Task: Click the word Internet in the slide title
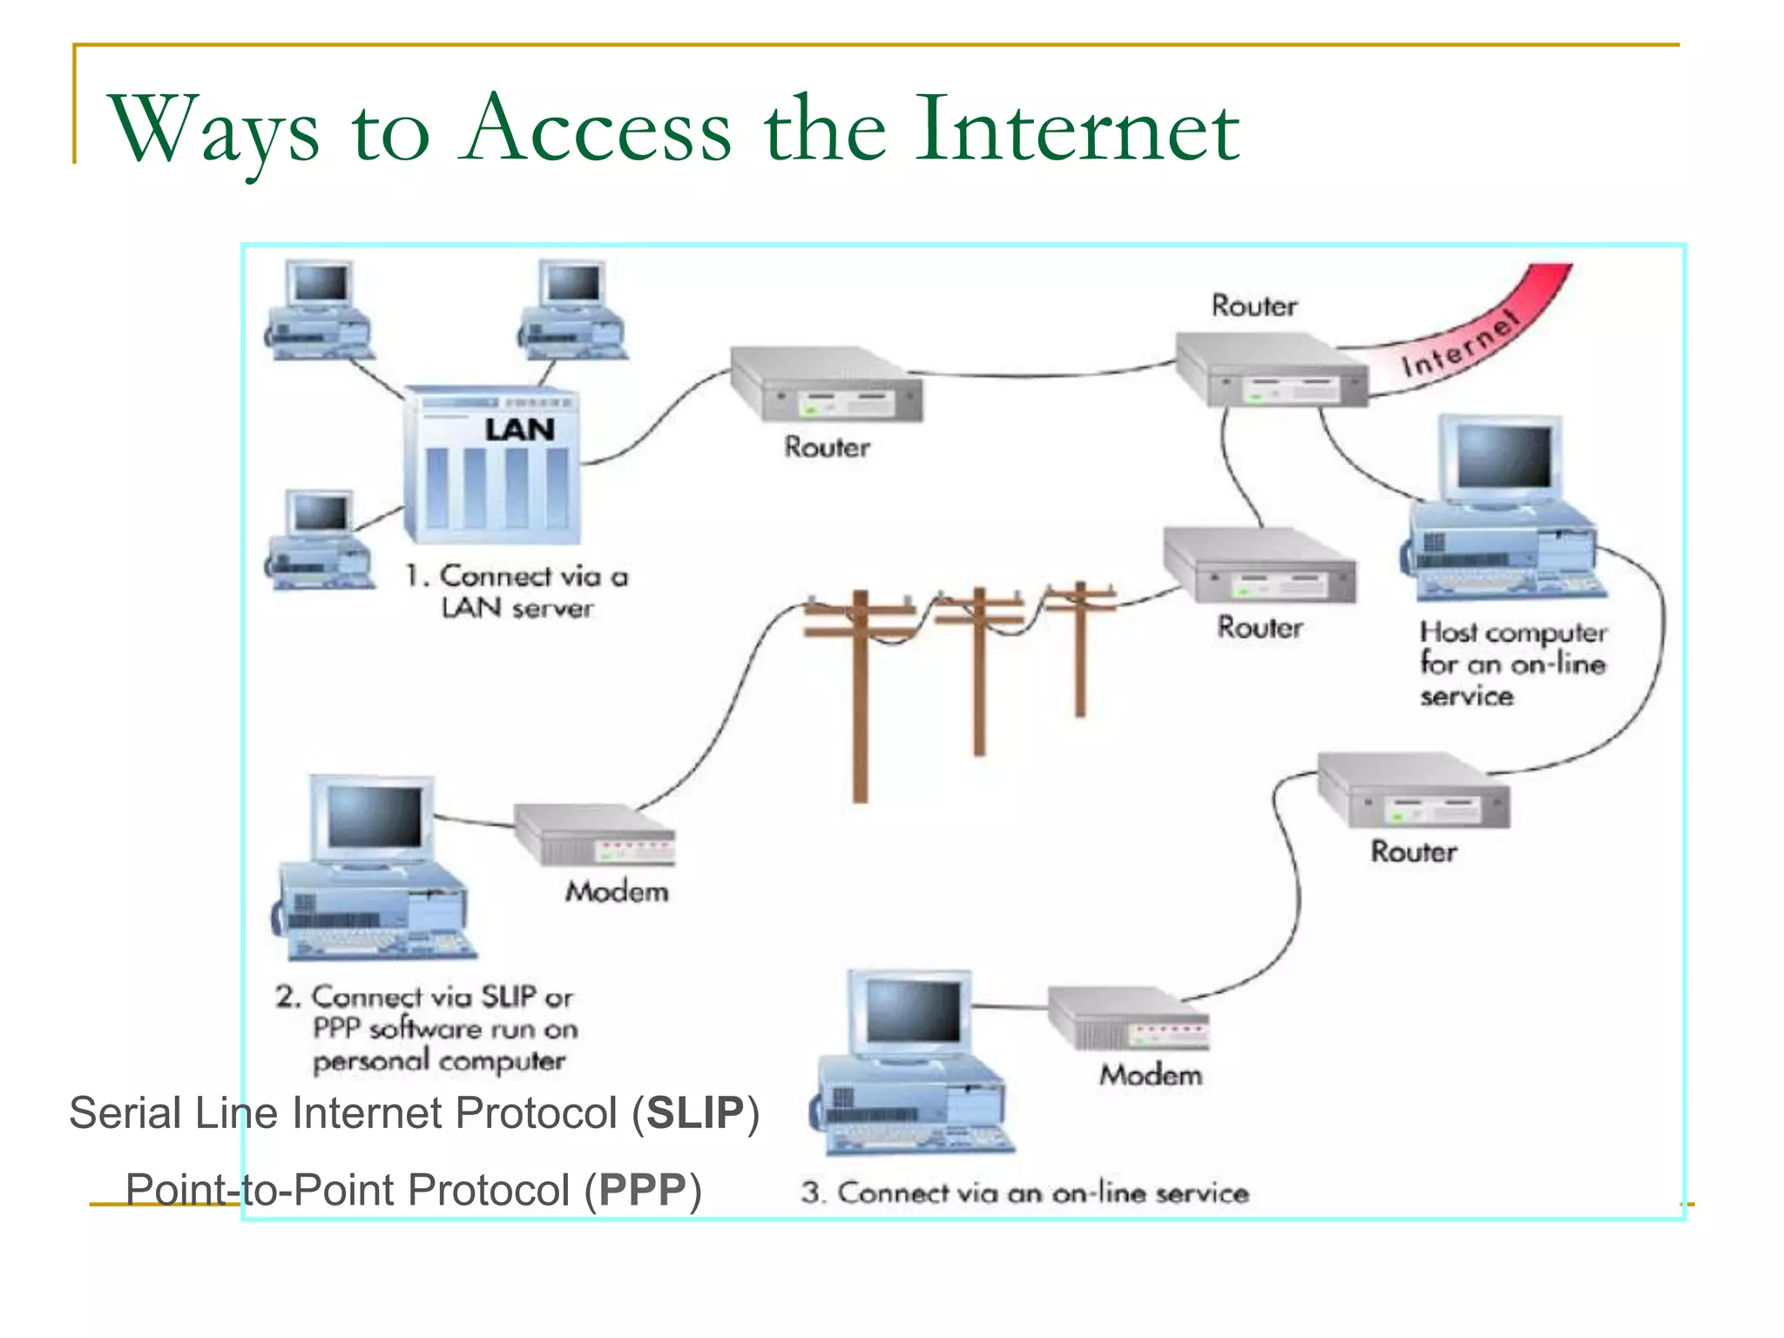tap(1077, 131)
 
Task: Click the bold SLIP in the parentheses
tap(694, 1113)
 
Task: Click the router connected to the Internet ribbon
tap(1272, 370)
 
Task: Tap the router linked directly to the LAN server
tap(826, 385)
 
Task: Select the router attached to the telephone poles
tap(1260, 567)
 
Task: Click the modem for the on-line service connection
tap(1129, 1018)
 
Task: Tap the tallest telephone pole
tap(860, 693)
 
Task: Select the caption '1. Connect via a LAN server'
tap(517, 591)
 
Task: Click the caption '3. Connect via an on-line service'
tap(1025, 1193)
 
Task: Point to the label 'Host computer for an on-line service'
tap(1512, 664)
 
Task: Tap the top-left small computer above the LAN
tap(320, 310)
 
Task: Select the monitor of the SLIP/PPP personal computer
tap(374, 818)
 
